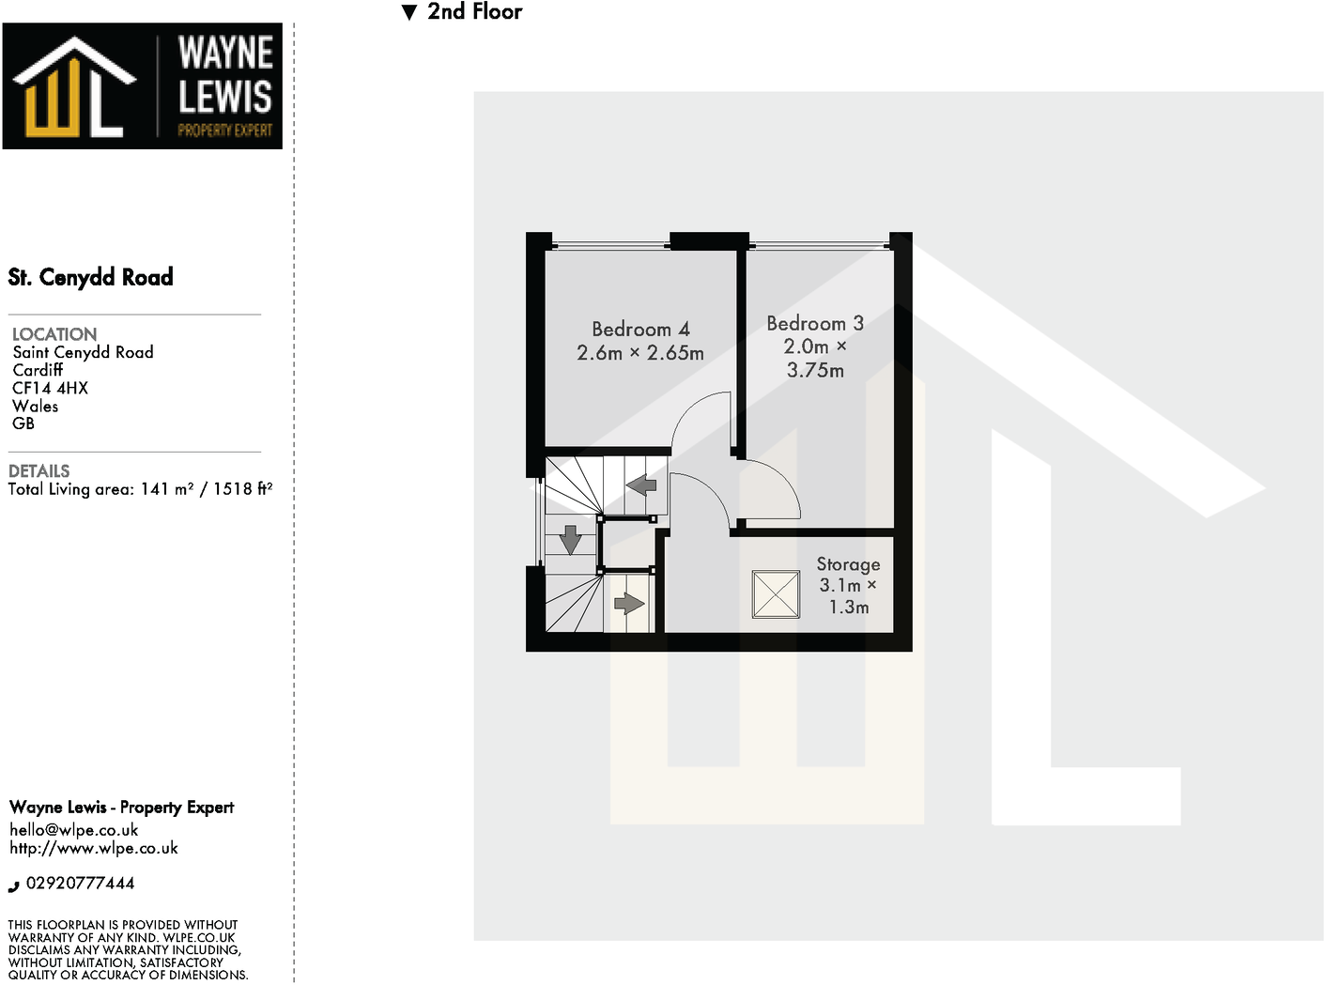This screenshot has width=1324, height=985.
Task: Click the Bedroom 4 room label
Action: [x=640, y=330]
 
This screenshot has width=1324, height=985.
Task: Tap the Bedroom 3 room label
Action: [x=814, y=324]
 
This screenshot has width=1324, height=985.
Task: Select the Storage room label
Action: [x=848, y=564]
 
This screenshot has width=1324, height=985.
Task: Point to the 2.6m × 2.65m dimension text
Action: [x=640, y=353]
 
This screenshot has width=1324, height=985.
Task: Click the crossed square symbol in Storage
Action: [x=776, y=594]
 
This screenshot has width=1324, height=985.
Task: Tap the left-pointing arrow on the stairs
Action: [x=641, y=485]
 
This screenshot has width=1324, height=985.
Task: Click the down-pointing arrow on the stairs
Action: [x=570, y=540]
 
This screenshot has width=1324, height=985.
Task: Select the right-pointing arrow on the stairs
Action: [x=628, y=602]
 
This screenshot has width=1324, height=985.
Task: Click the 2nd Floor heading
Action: [x=474, y=12]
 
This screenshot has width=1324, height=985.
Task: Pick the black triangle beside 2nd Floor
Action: [x=408, y=13]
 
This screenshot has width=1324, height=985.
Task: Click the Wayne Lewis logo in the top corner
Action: [x=143, y=86]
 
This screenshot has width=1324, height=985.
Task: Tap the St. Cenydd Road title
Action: [x=91, y=277]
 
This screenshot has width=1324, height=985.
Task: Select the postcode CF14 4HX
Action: [x=50, y=388]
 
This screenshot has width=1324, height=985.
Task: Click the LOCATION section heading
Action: [x=54, y=334]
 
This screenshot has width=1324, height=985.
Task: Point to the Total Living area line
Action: [x=140, y=489]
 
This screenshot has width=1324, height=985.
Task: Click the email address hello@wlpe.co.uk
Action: [x=74, y=829]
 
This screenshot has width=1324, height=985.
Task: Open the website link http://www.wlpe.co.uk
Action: [x=94, y=848]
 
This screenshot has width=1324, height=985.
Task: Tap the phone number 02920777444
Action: [x=80, y=884]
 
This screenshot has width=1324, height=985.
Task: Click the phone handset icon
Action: [x=14, y=885]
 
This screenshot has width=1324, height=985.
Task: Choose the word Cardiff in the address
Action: [x=38, y=370]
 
